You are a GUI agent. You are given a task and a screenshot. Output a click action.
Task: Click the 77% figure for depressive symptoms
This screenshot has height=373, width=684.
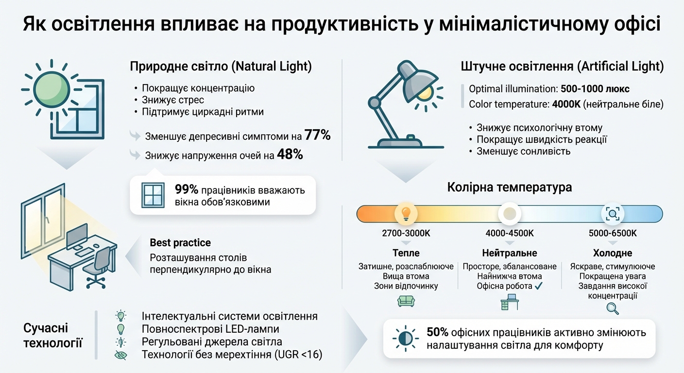pyautogui.click(x=318, y=136)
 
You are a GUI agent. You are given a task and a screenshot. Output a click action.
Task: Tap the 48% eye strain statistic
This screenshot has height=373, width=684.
pyautogui.click(x=290, y=154)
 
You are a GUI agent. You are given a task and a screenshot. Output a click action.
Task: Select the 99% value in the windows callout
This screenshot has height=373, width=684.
pyautogui.click(x=187, y=190)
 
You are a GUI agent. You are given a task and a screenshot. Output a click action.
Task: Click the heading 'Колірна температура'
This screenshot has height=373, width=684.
pyautogui.click(x=509, y=187)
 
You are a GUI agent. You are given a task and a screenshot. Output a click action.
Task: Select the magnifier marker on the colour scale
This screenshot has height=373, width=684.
pyautogui.click(x=612, y=213)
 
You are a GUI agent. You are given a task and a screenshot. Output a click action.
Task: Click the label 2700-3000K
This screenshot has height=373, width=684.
pyautogui.click(x=406, y=234)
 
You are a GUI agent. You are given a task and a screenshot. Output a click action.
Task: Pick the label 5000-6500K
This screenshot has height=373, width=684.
pyautogui.click(x=612, y=234)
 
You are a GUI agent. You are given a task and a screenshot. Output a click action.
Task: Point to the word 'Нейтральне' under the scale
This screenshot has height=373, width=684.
pyautogui.click(x=509, y=253)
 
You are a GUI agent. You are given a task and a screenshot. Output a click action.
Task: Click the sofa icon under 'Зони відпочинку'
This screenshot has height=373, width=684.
pyautogui.click(x=406, y=302)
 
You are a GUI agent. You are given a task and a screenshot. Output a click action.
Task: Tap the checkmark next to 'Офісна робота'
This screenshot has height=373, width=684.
pyautogui.click(x=538, y=286)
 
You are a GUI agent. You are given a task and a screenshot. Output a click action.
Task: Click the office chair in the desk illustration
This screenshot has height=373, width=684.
pyautogui.click(x=99, y=265)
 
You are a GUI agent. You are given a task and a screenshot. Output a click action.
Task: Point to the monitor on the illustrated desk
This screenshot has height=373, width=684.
pyautogui.click(x=76, y=237)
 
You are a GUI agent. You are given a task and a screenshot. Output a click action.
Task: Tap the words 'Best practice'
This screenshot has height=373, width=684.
pyautogui.click(x=180, y=243)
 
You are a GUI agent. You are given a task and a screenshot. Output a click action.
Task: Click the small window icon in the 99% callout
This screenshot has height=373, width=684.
pyautogui.click(x=153, y=195)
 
